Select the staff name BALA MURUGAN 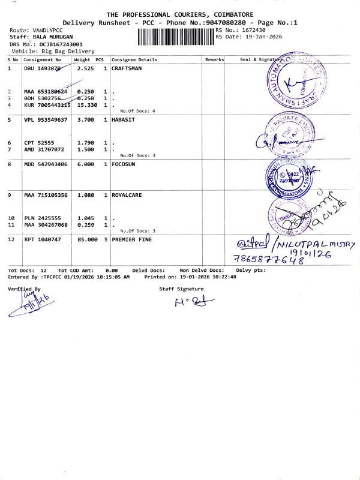(x=50, y=37)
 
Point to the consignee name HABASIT (x=124, y=120)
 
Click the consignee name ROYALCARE (x=127, y=195)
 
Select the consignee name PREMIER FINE (x=132, y=239)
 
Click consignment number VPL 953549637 (x=46, y=120)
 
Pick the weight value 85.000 (x=87, y=239)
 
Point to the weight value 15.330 (x=87, y=105)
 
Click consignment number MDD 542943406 (x=46, y=163)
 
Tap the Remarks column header (x=214, y=60)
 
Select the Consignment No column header (x=42, y=60)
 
